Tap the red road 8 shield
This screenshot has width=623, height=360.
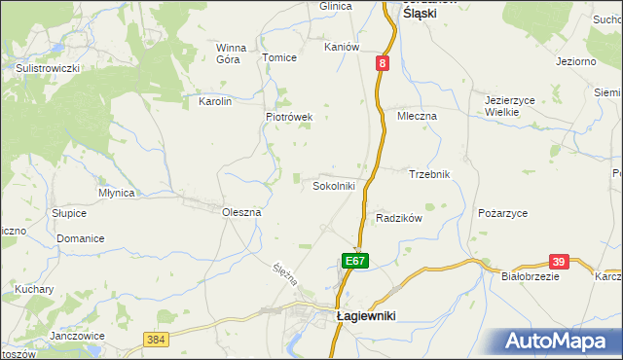pos(384,63)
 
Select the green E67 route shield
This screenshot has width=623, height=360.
pos(355,261)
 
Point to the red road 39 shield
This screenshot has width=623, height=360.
pos(558,262)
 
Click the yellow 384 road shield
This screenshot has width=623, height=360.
pos(155,340)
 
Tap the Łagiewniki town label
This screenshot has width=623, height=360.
pos(369,316)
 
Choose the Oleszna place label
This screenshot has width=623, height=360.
pos(241,212)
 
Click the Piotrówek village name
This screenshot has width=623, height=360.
pos(289,117)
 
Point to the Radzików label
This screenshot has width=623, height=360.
pos(398,219)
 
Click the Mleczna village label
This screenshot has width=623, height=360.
pos(418,116)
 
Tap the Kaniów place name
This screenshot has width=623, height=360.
pos(343,47)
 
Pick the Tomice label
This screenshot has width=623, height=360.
pos(278,57)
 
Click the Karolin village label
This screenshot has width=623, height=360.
pos(214,101)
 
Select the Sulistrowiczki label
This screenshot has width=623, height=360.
pos(47,68)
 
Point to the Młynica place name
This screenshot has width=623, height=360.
pos(116,193)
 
